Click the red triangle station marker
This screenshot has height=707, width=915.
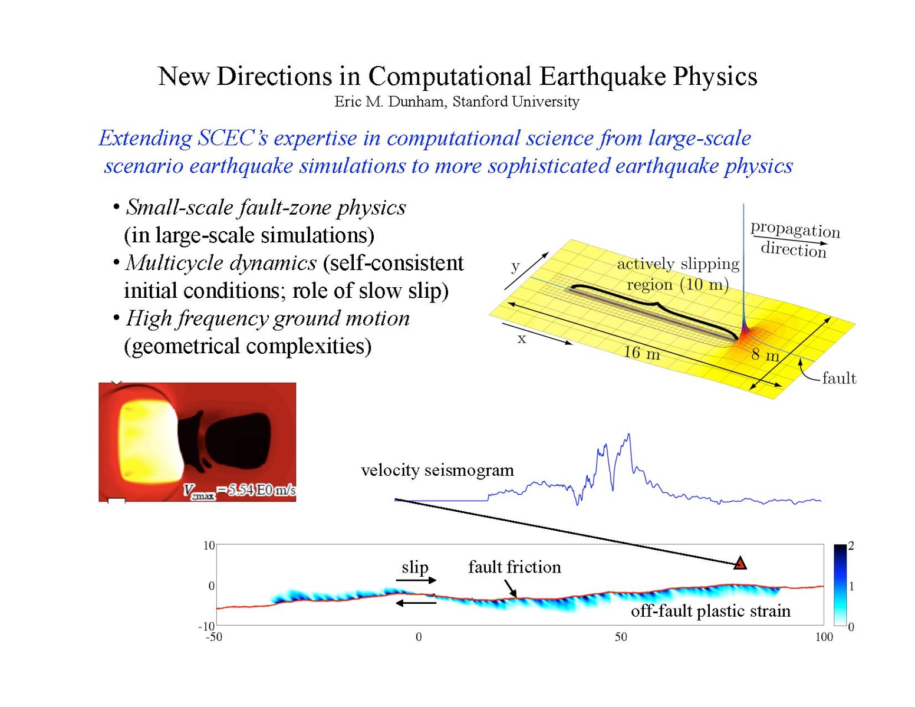739,563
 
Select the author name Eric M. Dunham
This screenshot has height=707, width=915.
390,101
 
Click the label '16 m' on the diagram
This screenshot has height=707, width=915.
641,352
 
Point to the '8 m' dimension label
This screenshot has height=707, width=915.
765,354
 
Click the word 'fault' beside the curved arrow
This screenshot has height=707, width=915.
839,378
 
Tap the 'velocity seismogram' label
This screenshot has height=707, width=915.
437,470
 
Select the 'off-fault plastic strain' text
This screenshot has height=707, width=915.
710,611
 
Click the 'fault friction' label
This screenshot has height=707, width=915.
515,567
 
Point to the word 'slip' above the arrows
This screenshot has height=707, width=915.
415,568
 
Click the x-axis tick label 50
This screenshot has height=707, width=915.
621,637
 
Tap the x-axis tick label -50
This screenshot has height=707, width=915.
214,637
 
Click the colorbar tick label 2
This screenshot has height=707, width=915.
851,545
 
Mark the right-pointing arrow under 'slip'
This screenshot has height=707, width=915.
416,581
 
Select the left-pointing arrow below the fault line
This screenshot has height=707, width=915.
416,603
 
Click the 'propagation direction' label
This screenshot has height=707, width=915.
795,239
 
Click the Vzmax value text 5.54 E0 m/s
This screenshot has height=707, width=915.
262,490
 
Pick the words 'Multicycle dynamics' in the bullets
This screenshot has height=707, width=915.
221,263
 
